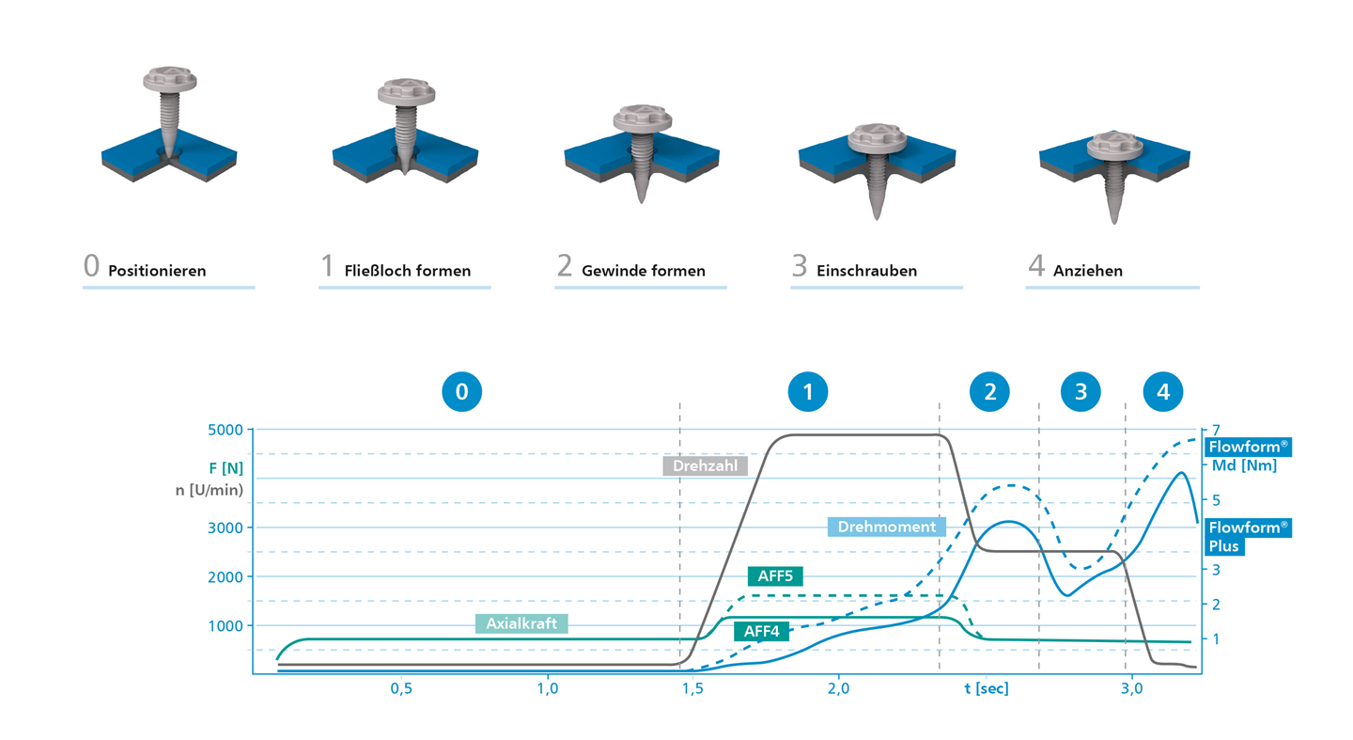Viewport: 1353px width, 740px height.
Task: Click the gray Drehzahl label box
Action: point(705,465)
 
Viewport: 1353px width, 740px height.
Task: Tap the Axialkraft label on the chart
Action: point(521,623)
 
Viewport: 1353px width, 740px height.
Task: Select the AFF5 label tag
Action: point(775,576)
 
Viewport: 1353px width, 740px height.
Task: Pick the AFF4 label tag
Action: point(762,631)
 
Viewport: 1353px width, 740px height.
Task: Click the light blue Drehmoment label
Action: point(887,527)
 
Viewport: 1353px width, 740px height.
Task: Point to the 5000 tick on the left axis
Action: point(225,430)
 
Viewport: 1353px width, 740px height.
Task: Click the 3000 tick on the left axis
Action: point(225,527)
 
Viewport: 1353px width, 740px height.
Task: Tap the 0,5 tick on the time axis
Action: point(401,688)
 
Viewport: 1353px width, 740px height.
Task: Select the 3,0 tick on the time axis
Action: point(1131,688)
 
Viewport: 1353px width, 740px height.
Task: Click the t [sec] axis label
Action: point(987,688)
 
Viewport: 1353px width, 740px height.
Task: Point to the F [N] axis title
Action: point(225,468)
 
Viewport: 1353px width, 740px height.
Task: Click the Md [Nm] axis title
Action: point(1244,465)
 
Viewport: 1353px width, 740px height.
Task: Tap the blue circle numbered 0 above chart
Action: point(462,392)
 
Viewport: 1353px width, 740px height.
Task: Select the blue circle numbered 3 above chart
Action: point(1081,392)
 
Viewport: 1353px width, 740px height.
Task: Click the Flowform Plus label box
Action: point(1248,537)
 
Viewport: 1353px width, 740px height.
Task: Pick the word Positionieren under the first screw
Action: point(157,271)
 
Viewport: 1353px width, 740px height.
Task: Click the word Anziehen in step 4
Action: point(1088,271)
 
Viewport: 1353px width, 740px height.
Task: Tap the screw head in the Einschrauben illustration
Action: point(877,138)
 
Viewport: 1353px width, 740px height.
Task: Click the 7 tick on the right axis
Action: point(1216,430)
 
